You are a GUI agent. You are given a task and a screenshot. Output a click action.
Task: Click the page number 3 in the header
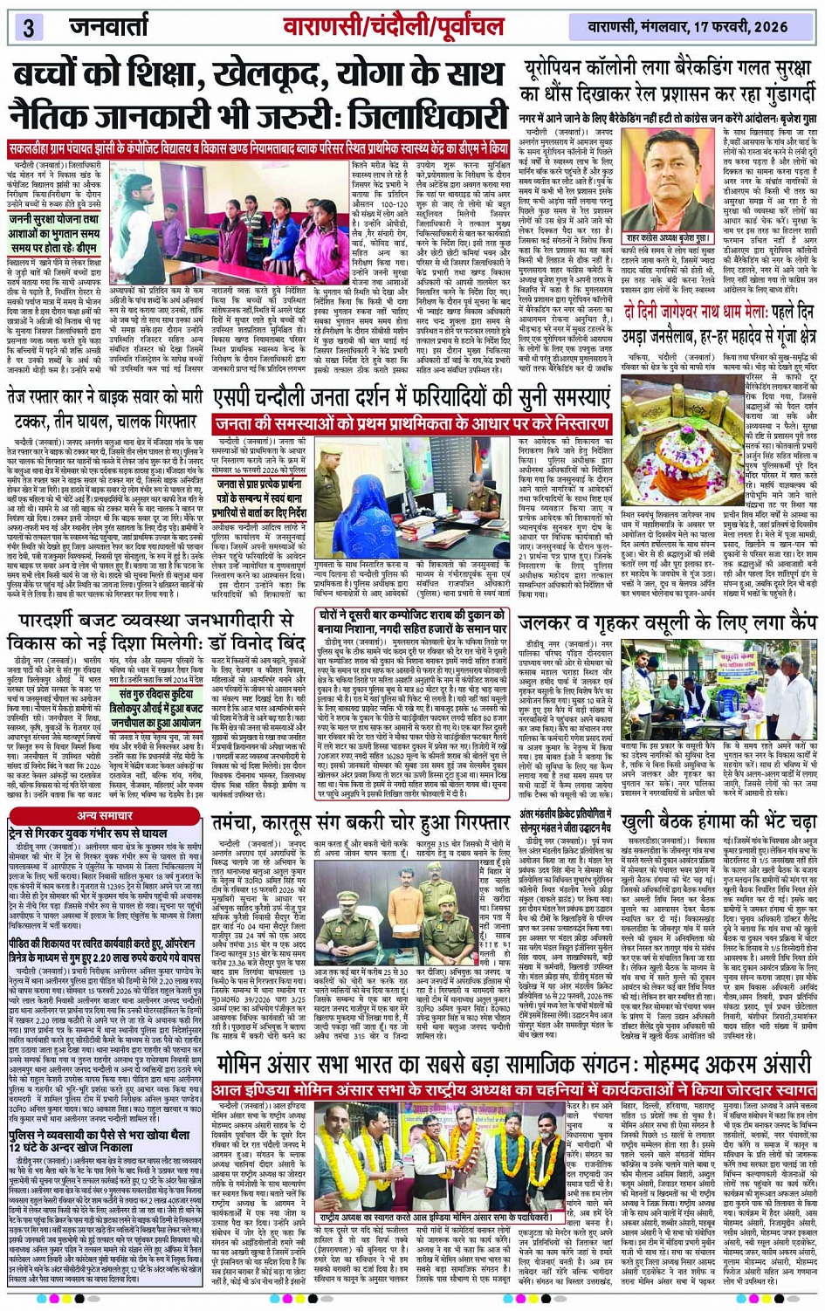click(28, 26)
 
